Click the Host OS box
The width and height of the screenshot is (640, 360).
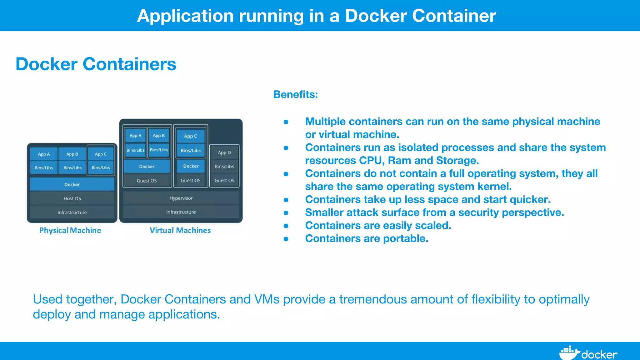click(x=72, y=198)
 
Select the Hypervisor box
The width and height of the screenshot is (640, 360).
click(x=181, y=198)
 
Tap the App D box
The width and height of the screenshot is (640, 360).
click(x=224, y=152)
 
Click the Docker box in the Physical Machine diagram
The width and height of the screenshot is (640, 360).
click(x=72, y=184)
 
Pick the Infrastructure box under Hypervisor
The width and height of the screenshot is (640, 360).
click(x=181, y=212)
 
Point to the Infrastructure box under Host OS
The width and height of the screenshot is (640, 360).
click(x=72, y=212)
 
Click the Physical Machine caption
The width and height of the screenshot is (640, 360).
click(x=70, y=230)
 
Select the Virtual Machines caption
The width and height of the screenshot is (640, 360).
click(x=180, y=230)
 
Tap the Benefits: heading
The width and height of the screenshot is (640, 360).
click(x=295, y=94)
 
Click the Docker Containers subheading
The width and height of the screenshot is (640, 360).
click(x=96, y=64)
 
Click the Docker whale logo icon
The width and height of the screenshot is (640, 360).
click(x=569, y=353)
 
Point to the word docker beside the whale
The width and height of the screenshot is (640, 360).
click(x=599, y=355)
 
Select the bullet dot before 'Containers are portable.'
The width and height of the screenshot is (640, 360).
click(x=286, y=239)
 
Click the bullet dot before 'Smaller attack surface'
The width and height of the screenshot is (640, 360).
click(x=286, y=213)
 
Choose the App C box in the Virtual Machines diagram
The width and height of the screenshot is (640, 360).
click(x=191, y=136)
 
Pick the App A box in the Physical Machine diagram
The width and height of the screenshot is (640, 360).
click(x=44, y=154)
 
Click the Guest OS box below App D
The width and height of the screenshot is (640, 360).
click(x=224, y=181)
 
